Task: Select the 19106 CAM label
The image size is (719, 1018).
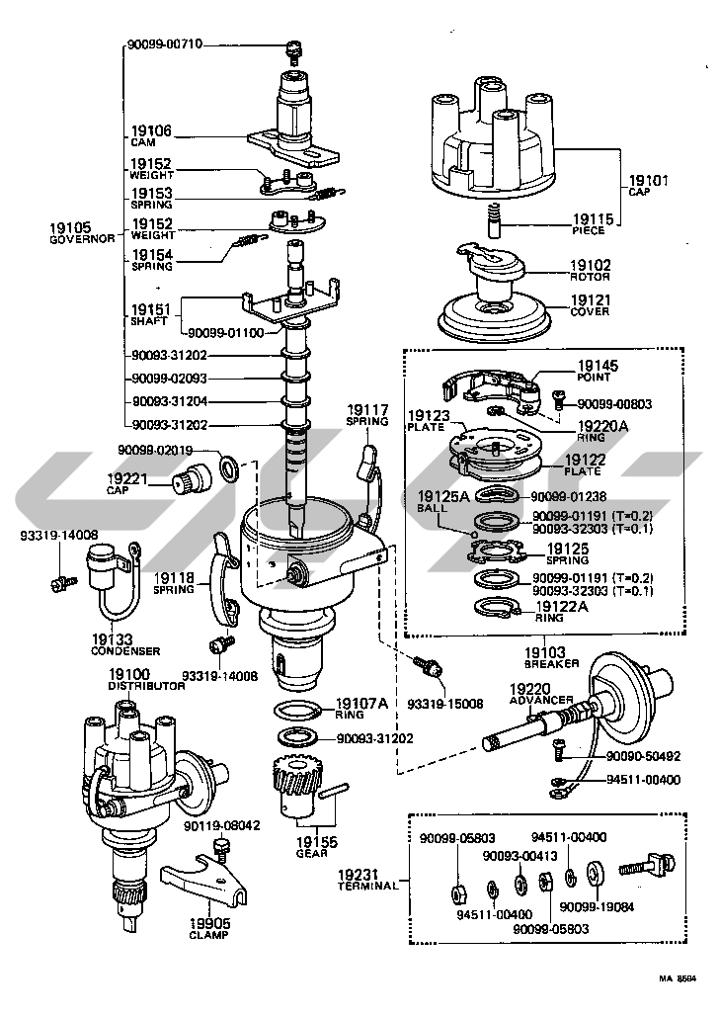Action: [151, 135]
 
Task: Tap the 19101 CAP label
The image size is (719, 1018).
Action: [649, 186]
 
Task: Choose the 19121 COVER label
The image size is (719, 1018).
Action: [590, 304]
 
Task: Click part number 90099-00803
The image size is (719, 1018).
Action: [615, 403]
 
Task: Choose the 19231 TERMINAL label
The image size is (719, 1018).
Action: [366, 880]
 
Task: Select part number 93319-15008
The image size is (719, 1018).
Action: [449, 704]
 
